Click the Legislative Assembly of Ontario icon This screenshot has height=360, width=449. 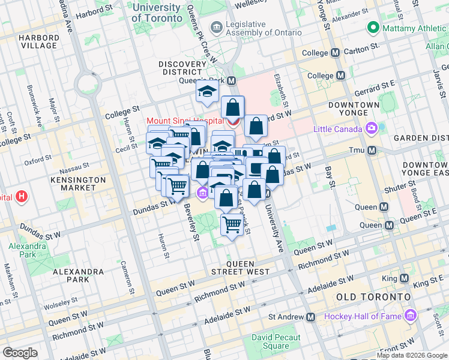[x=216, y=28]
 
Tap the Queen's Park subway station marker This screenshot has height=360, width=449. [x=231, y=80]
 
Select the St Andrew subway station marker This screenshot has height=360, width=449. [x=310, y=317]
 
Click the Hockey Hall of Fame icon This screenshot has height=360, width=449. [x=411, y=316]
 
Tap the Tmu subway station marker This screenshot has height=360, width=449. [x=372, y=150]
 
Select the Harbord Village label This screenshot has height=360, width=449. [x=39, y=41]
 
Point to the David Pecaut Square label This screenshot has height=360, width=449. [x=270, y=342]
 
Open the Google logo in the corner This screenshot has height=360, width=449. [x=20, y=353]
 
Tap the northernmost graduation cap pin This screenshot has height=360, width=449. [x=207, y=92]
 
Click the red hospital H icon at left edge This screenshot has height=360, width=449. [x=22, y=196]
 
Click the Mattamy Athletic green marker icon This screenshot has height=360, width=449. [x=372, y=28]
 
